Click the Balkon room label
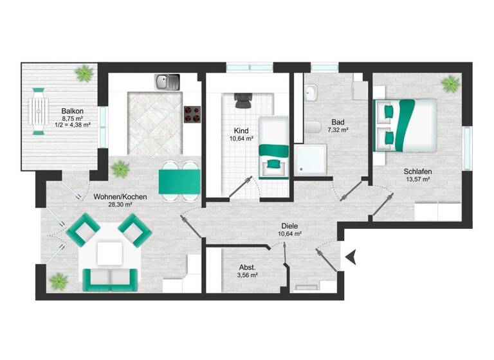tap(71, 110)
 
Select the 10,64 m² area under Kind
tap(242, 138)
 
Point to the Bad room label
tap(338, 122)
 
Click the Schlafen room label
tap(417, 172)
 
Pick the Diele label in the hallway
tap(289, 226)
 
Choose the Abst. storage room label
tap(248, 267)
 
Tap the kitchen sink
tap(168, 82)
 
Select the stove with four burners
tap(192, 114)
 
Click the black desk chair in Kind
tap(242, 100)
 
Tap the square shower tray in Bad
tap(311, 159)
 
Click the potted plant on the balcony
tap(84, 74)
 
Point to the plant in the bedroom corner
tap(450, 84)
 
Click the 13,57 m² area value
tap(417, 180)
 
